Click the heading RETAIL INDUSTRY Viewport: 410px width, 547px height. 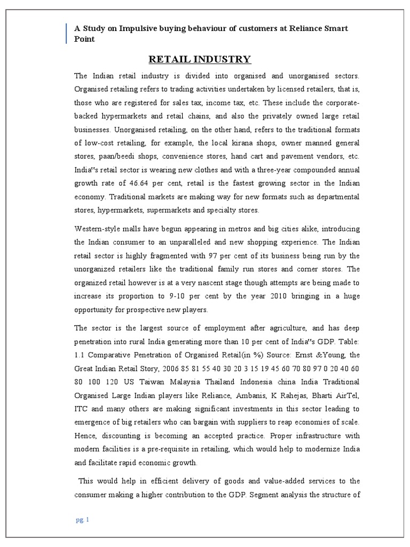[x=199, y=59]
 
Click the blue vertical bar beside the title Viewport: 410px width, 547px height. [x=67, y=33]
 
